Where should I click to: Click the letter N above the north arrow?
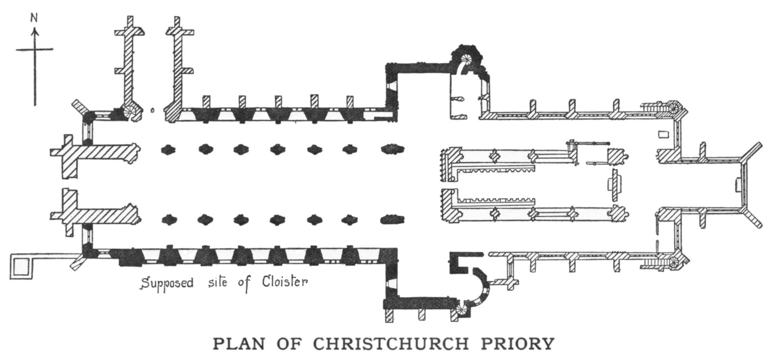click(x=35, y=18)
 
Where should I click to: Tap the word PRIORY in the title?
click(x=517, y=344)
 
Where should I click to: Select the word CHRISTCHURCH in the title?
click(x=391, y=344)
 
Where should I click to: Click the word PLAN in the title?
click(x=239, y=344)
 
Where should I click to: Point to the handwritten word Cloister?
click(x=285, y=282)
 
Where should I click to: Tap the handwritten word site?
click(x=218, y=282)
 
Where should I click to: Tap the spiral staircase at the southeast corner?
click(x=674, y=262)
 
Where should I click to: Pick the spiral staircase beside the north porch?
click(x=130, y=111)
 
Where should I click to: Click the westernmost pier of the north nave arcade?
click(x=169, y=149)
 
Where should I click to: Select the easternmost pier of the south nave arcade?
click(x=393, y=219)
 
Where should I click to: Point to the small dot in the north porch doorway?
click(x=153, y=111)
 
